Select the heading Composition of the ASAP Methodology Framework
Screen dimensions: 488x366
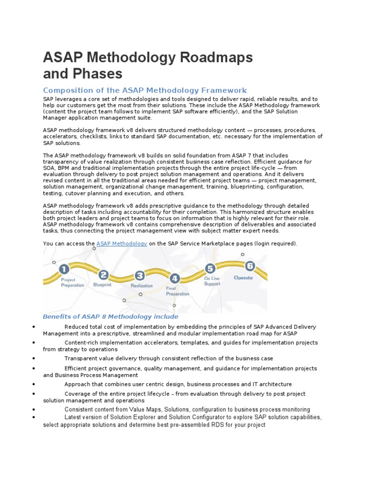[x=145, y=90]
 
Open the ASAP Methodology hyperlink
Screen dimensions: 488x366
[x=122, y=244]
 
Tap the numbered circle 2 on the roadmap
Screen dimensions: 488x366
[x=103, y=274]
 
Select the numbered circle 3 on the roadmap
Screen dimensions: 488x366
[x=139, y=275]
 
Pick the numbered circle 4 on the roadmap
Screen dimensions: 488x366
[x=175, y=278]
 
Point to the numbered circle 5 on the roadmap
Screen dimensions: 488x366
[x=210, y=269]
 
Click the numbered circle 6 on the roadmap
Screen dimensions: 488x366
[x=249, y=266]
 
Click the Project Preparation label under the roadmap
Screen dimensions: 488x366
[x=72, y=283]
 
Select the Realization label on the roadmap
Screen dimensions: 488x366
[x=142, y=285]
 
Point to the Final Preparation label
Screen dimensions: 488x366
[x=177, y=291]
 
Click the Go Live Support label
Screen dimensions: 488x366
[x=212, y=281]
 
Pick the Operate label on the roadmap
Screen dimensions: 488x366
[x=243, y=277]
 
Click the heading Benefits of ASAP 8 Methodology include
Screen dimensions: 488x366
[x=111, y=316]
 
